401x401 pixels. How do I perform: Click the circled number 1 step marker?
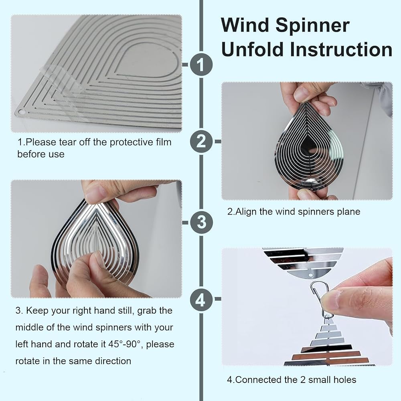click(x=201, y=65)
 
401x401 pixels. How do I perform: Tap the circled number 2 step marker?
click(x=201, y=142)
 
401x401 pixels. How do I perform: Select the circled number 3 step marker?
click(x=201, y=222)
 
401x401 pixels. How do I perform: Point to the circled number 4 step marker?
click(x=201, y=300)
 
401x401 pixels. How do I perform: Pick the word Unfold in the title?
click(x=252, y=49)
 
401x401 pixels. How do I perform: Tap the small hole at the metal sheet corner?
click(x=22, y=111)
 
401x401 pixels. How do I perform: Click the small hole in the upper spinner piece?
click(x=311, y=276)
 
